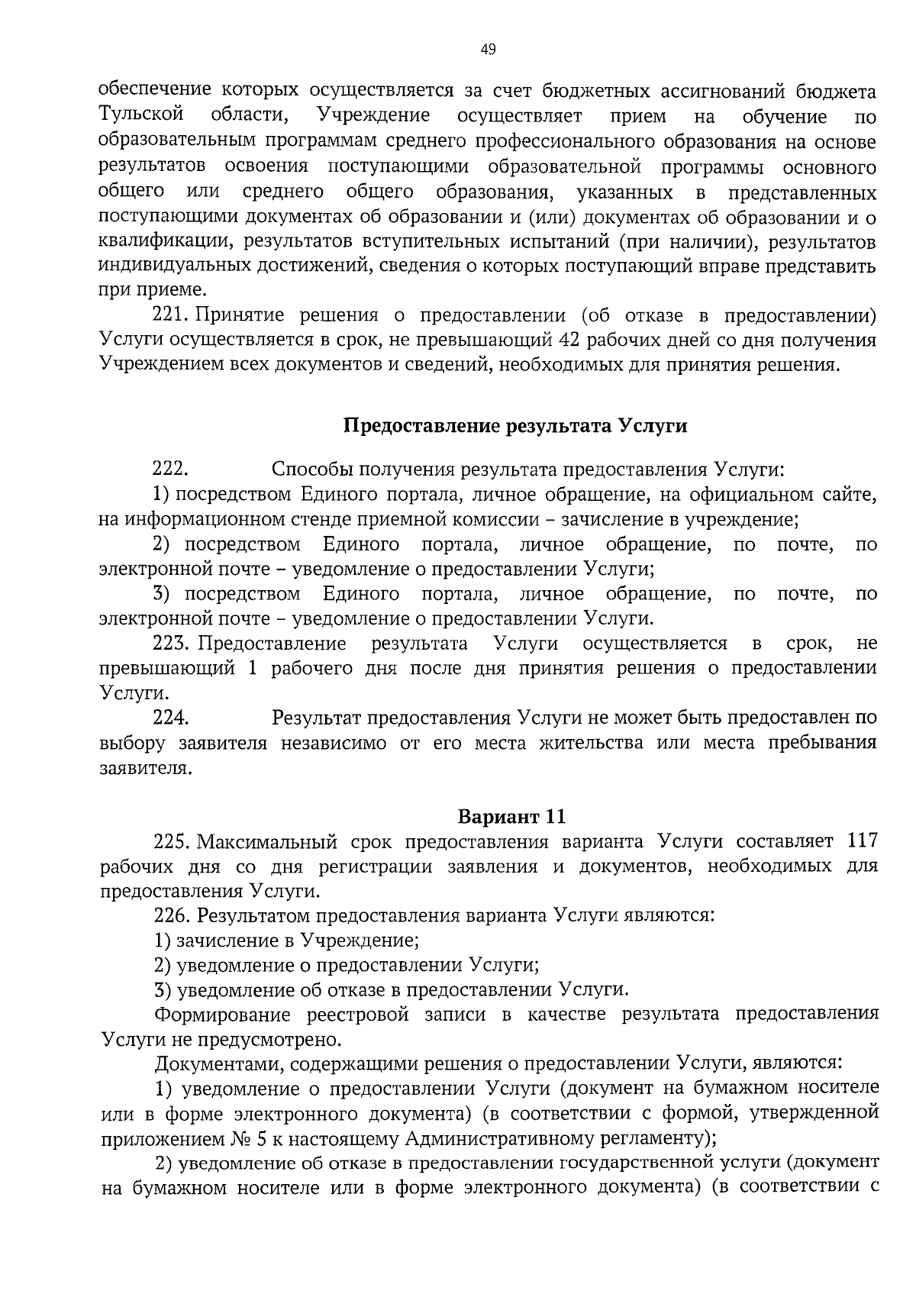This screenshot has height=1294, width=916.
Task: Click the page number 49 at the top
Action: (x=488, y=50)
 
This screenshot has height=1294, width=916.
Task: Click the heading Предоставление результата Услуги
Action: (x=515, y=426)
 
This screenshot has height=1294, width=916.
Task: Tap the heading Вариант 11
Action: (x=511, y=816)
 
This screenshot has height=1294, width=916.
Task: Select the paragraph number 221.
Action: (x=169, y=315)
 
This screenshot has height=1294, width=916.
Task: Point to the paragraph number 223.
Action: (x=171, y=644)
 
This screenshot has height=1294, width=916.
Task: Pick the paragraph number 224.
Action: (x=171, y=718)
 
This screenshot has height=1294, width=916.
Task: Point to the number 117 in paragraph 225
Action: (x=862, y=842)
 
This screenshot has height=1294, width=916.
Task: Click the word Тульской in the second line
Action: (x=142, y=116)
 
